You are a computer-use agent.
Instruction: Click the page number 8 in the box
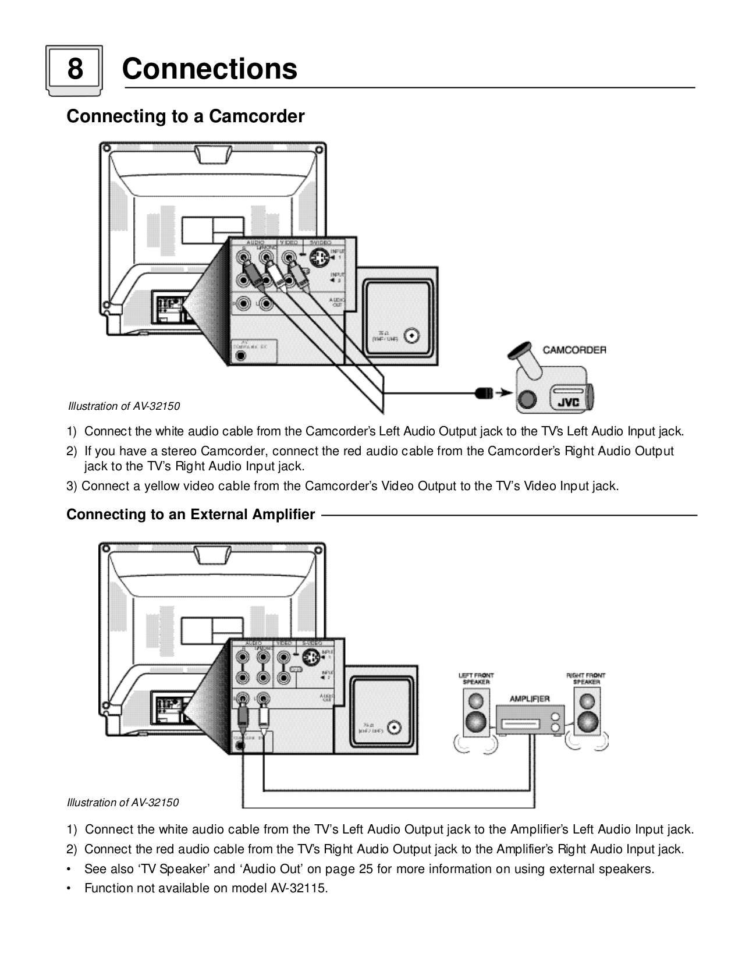point(74,69)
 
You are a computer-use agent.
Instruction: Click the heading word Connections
point(210,69)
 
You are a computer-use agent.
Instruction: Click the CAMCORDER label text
point(574,350)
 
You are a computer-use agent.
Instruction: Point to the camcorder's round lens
point(528,399)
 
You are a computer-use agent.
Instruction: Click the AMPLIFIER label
point(530,698)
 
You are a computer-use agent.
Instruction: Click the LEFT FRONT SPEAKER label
point(476,679)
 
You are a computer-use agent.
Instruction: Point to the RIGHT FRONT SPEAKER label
point(586,679)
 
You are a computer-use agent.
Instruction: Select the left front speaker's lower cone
point(476,722)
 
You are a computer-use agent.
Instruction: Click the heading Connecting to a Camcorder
point(186,116)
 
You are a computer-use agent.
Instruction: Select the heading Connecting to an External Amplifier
point(191,515)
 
